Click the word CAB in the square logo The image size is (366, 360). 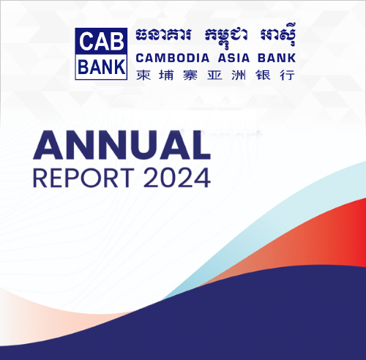point(101,42)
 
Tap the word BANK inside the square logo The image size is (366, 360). point(101,67)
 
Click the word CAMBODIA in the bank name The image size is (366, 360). point(173,58)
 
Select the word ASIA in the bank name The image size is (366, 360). point(234,58)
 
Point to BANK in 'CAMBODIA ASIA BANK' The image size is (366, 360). point(277,58)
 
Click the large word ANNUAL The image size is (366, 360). point(122,145)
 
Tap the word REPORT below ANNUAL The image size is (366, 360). point(83,178)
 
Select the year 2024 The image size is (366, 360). point(177,178)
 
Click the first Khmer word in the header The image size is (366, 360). point(163,34)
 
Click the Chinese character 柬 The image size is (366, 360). point(143,75)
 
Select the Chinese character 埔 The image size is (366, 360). point(166,75)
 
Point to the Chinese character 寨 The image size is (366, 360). point(190,75)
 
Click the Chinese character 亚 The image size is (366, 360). point(214,75)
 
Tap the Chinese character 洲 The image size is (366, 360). point(239,75)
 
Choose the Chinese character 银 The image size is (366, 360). point(263,75)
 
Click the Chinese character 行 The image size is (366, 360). point(288,75)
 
